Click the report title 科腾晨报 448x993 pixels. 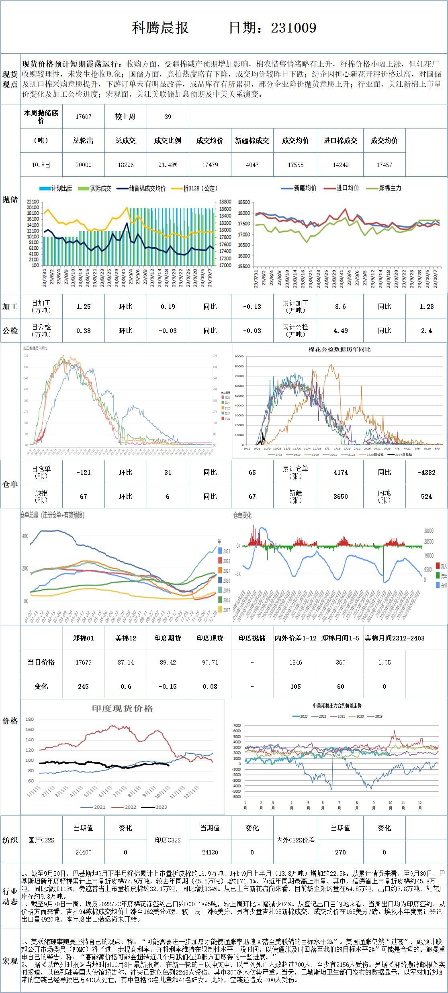160,28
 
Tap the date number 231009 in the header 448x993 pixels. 293,28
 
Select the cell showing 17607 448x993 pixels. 84,117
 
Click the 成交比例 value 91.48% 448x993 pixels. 168,165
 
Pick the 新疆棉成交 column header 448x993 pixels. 252,141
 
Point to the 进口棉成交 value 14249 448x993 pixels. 340,165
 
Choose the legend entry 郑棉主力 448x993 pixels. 389,188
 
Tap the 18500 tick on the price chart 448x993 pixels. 244,203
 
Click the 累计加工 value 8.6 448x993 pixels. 340,307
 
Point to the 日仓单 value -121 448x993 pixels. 84,473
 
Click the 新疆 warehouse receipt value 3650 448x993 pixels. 340,497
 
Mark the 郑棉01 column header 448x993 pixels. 84,638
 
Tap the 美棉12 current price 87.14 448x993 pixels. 126,663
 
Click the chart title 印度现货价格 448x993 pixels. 123,709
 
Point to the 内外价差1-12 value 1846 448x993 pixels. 296,663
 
